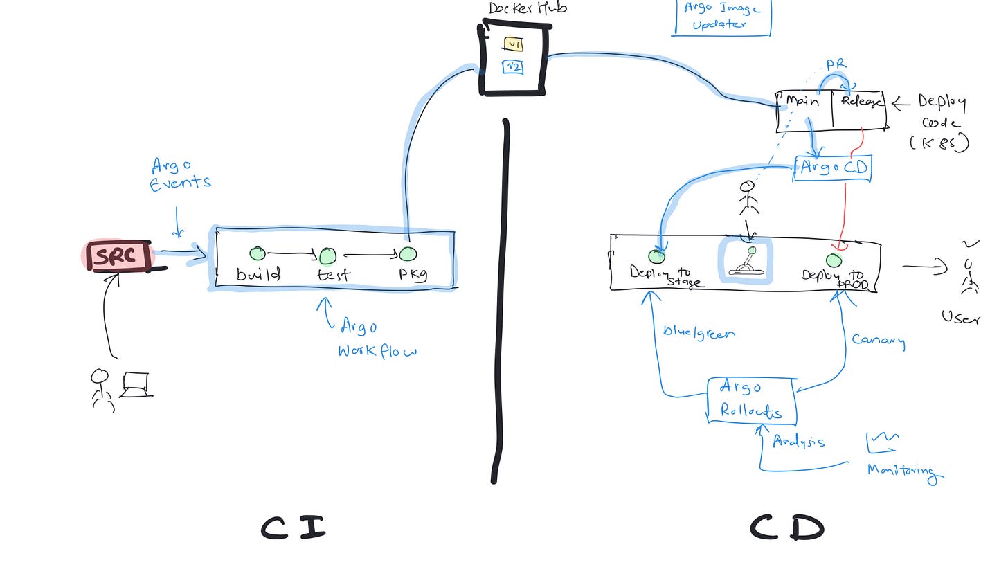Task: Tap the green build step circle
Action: coord(258,254)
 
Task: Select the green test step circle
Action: coord(327,256)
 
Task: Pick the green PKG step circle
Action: coord(408,254)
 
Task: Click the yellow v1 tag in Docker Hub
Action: coord(513,45)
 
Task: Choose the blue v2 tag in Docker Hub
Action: coord(513,67)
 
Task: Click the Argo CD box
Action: coord(832,168)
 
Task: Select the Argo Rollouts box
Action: coord(751,400)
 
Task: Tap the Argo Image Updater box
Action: coord(721,16)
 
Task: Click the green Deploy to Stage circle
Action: coord(656,257)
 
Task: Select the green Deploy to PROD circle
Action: coord(834,260)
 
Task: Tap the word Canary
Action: coord(878,340)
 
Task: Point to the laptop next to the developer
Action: coord(136,385)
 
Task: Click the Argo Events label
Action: coord(180,174)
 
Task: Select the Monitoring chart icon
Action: coord(883,441)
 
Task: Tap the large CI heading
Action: coord(293,528)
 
